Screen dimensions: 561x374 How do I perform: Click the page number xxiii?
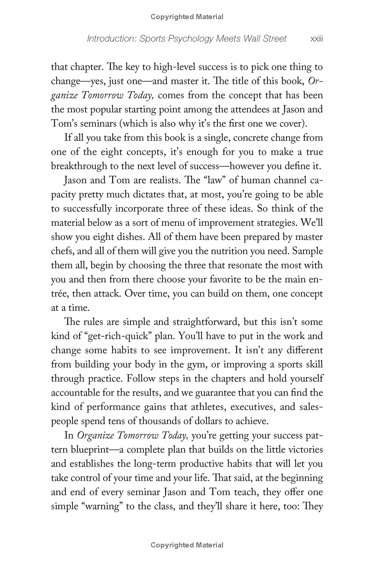[316, 39]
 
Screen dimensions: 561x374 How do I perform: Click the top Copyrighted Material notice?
[187, 17]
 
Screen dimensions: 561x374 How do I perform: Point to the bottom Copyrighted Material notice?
[187, 545]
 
